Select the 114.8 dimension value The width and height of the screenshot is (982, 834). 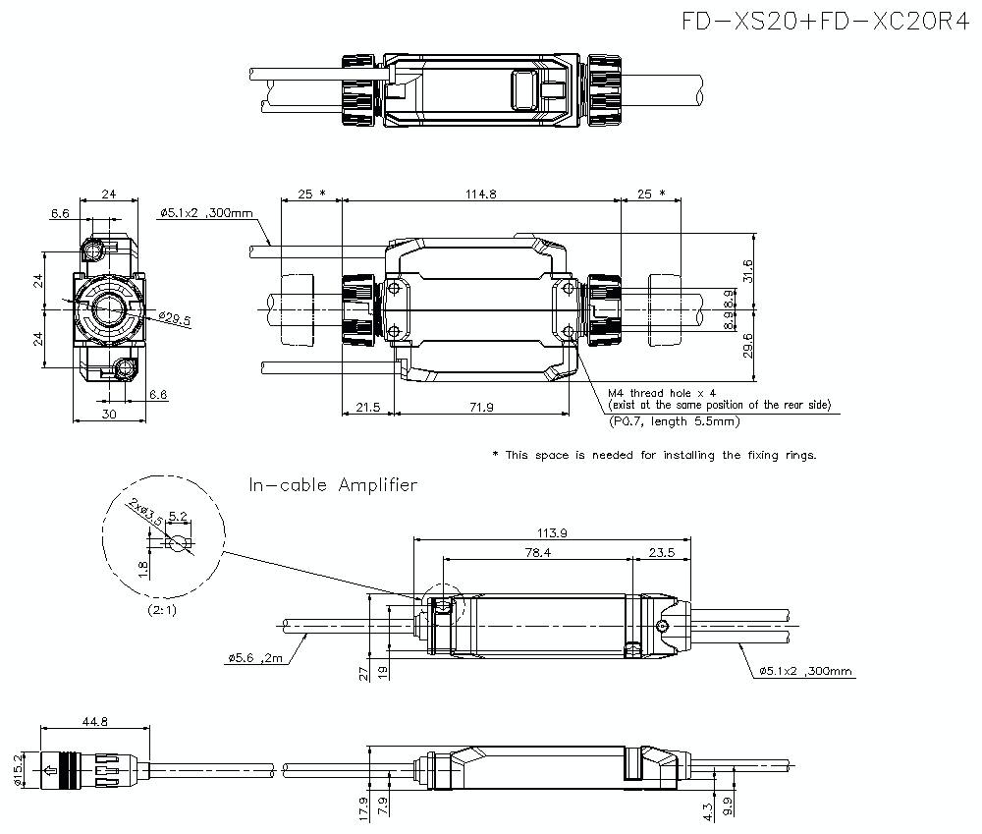(x=480, y=195)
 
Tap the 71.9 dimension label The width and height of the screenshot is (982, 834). (x=481, y=407)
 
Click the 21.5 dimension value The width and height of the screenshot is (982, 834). (x=367, y=407)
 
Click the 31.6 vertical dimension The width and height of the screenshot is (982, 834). (x=748, y=270)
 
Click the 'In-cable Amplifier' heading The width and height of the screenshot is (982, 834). (x=333, y=484)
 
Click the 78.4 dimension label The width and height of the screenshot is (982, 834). (x=537, y=553)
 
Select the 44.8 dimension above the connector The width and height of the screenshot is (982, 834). (x=95, y=722)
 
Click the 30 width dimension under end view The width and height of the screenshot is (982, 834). (x=109, y=415)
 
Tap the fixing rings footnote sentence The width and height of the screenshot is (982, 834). (x=654, y=455)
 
